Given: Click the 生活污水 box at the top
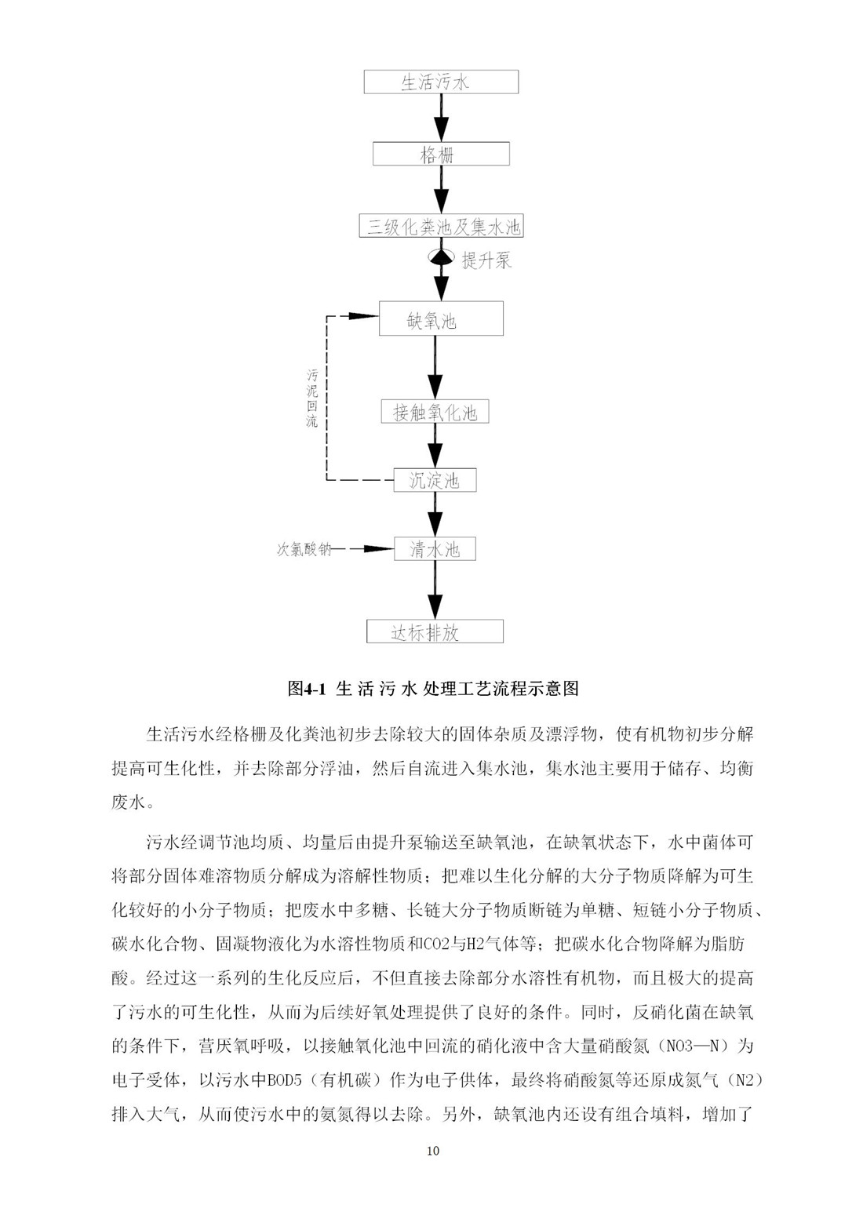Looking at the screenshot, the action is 441,82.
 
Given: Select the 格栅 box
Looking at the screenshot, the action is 441,154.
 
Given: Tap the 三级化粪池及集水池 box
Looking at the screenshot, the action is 441,226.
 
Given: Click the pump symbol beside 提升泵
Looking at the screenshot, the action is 441,257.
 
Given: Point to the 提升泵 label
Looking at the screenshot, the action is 486,260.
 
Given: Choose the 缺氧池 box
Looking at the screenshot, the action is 441,319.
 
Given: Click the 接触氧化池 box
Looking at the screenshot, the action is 435,412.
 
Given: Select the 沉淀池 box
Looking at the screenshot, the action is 435,480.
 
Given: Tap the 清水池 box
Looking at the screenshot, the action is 435,549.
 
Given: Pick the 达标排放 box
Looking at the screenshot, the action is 435,631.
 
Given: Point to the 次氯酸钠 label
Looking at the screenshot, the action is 304,550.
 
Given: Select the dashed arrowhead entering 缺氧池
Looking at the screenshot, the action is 364,315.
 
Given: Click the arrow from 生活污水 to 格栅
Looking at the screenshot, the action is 441,118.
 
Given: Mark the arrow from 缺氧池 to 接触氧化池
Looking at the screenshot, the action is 435,368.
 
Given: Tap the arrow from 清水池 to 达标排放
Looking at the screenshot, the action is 435,591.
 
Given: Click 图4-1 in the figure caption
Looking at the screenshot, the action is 306,689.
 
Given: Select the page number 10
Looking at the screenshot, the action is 433,1151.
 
